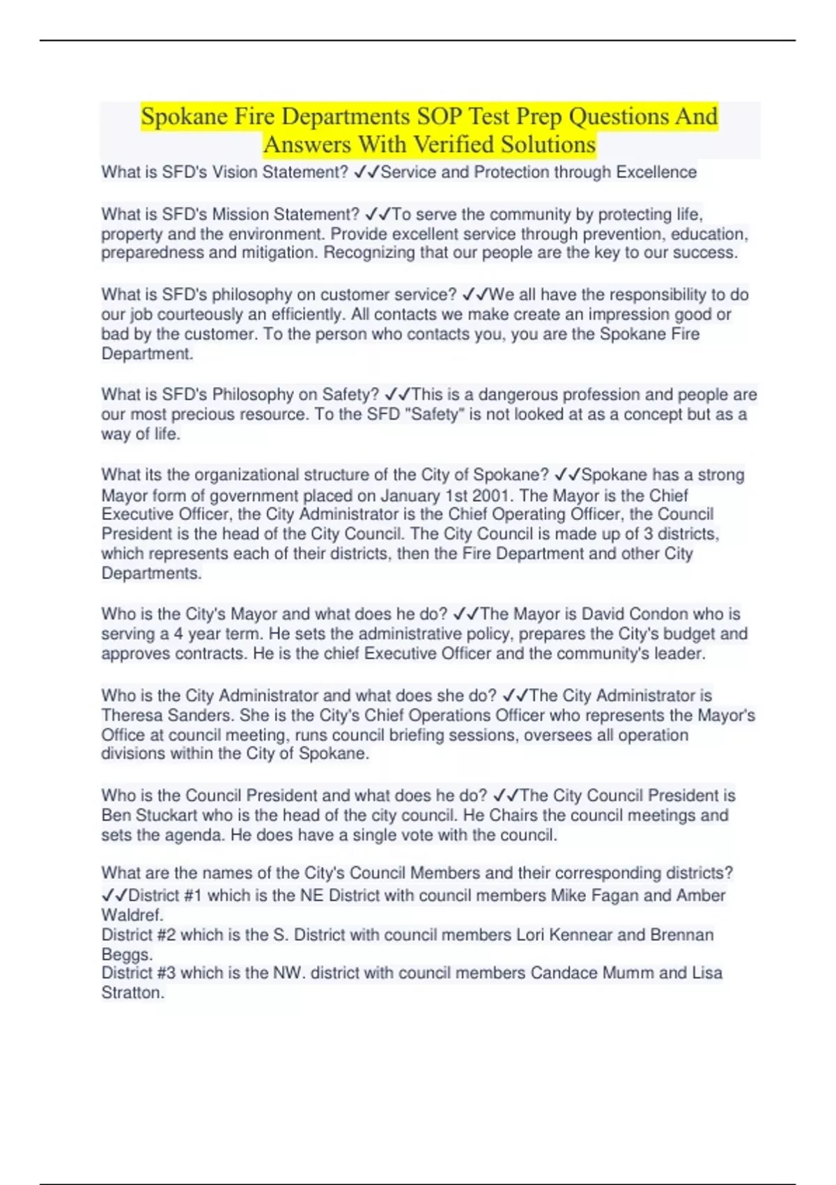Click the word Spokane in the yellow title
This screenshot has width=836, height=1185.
coord(184,116)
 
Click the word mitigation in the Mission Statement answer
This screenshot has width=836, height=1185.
coord(279,253)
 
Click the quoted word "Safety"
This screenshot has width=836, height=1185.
coord(434,415)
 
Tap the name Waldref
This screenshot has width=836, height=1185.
coord(132,915)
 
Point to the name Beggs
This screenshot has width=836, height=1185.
coord(126,954)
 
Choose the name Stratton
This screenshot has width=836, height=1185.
coord(132,993)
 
